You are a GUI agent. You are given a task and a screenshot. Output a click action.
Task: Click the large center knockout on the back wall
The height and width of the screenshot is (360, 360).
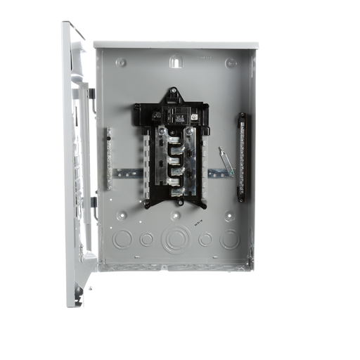click(x=174, y=240)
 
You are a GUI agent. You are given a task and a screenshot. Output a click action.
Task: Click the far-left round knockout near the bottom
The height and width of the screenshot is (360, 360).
click(x=122, y=239)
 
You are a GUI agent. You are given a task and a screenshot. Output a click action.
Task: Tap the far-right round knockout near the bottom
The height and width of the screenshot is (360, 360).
click(x=229, y=239)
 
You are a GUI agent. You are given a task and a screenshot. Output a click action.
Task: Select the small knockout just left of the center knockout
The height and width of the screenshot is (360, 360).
click(x=146, y=239)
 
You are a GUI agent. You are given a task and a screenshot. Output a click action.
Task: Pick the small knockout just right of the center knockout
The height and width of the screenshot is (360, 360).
click(x=205, y=239)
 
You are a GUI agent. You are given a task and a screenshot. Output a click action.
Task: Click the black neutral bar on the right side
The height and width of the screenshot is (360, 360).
click(x=241, y=157)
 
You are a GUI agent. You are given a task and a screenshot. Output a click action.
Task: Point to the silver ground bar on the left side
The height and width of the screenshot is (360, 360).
click(x=109, y=159)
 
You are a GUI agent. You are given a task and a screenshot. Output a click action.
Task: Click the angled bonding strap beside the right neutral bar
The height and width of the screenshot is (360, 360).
click(x=226, y=162)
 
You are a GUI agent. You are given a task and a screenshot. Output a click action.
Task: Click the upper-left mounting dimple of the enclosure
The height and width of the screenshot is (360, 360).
click(x=122, y=63)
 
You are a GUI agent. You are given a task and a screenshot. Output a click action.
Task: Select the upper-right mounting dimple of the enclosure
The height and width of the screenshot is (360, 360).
click(x=230, y=63)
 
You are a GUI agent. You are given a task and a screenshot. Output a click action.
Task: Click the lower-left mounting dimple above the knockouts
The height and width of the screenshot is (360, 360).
click(x=122, y=215)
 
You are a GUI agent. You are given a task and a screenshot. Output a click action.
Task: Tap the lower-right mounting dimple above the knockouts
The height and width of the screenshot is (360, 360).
click(x=230, y=215)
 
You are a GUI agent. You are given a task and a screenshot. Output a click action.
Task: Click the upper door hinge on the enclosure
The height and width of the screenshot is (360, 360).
click(x=91, y=94)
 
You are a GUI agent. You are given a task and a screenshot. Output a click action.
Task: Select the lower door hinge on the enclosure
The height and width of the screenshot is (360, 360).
click(x=93, y=202)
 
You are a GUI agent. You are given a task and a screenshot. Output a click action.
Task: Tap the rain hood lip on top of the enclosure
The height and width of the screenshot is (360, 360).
click(x=176, y=44)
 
